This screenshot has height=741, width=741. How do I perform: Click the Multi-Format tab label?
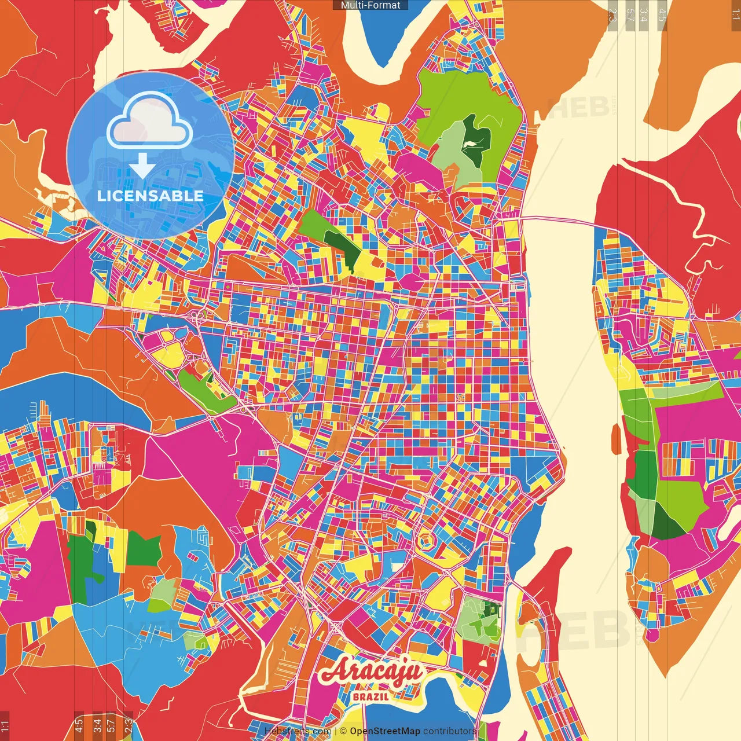coord(370,5)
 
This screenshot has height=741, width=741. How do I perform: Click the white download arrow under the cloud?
coord(142,166)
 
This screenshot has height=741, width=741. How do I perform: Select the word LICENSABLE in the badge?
coord(151,196)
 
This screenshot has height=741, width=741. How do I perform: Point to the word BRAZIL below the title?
coord(370,696)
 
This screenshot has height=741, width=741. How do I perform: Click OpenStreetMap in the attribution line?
coord(384,731)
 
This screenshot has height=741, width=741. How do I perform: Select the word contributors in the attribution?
coord(449,731)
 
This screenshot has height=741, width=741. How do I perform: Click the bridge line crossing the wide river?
coord(559,221)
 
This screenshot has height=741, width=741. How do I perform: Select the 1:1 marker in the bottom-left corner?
coord(5,725)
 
